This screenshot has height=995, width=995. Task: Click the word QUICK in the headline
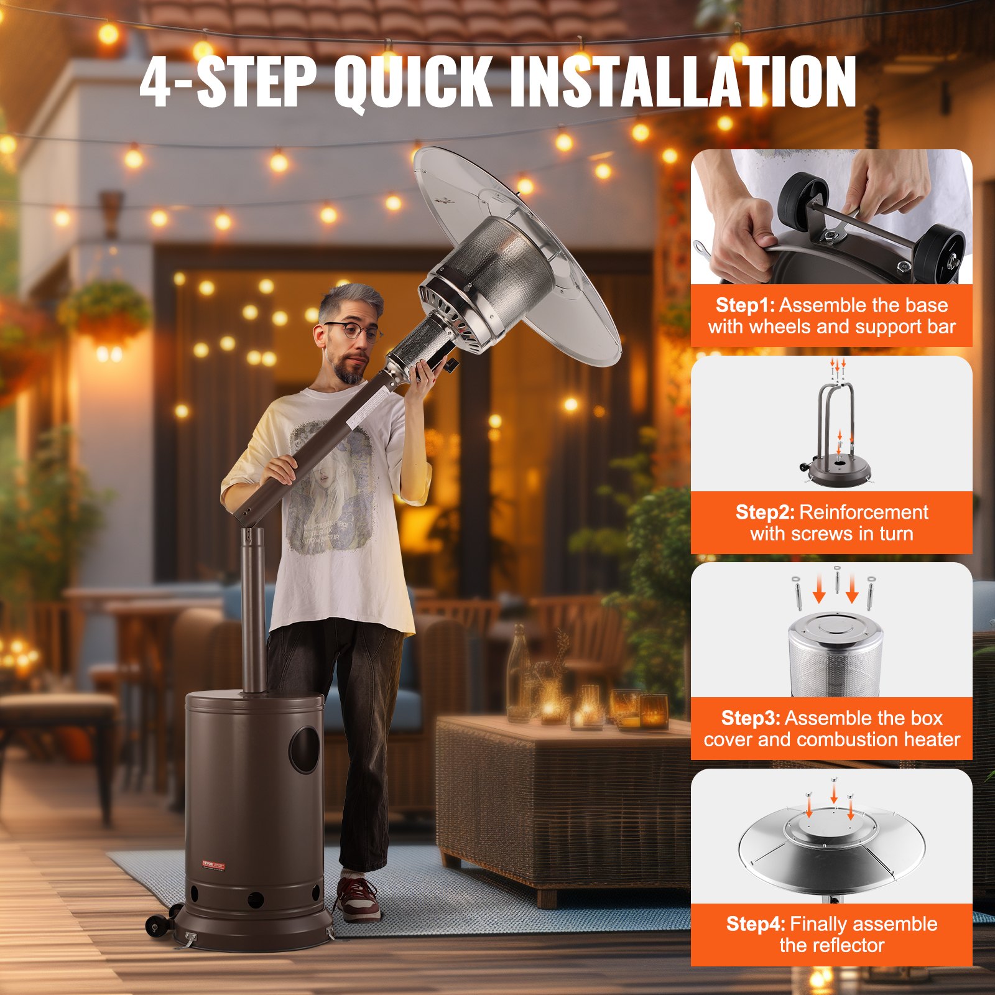pos(413,81)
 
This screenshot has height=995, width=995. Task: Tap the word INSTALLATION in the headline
pos(682,81)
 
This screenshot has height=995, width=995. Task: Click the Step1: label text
pos(745,305)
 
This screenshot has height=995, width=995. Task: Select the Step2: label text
pos(765,512)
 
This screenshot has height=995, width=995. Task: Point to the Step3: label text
pos(751,718)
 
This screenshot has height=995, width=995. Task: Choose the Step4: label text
pos(756,924)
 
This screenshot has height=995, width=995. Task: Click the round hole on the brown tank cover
pos(305,750)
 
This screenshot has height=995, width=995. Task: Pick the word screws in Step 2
pos(826,534)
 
